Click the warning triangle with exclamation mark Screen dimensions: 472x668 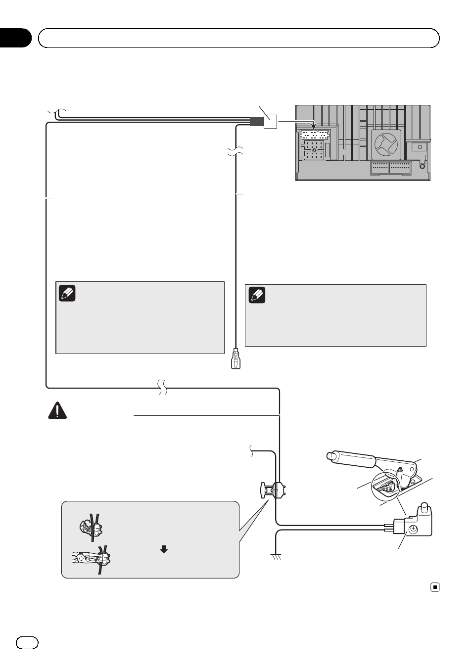point(57,411)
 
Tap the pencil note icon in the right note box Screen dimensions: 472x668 point(257,295)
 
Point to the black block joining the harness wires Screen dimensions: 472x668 point(257,121)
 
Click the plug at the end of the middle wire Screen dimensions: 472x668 point(235,358)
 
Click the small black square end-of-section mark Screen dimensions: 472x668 point(435,587)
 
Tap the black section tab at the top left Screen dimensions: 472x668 point(15,38)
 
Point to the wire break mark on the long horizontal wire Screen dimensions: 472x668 point(162,387)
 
